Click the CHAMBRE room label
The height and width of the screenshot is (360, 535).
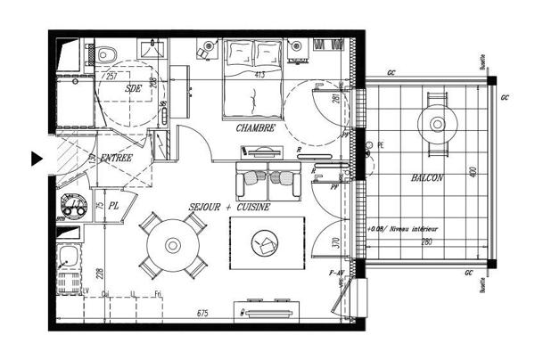tap(256, 128)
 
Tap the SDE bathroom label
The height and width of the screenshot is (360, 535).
tap(134, 88)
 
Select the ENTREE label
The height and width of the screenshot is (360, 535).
tap(116, 158)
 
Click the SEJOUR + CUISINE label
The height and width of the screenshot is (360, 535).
tap(229, 207)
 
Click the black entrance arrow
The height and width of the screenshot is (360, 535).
tap(37, 159)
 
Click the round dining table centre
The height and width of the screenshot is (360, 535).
tap(172, 244)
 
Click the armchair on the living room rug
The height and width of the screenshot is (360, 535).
tap(265, 241)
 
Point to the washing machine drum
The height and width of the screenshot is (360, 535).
tap(78, 208)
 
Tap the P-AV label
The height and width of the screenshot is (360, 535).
tap(336, 272)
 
